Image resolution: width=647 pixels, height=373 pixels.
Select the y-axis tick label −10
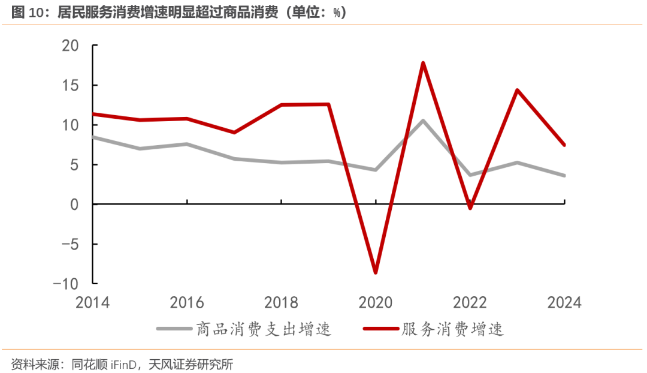pyautogui.click(x=67, y=284)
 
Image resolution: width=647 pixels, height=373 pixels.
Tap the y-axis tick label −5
pyautogui.click(x=71, y=244)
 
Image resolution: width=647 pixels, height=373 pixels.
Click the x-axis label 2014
pyautogui.click(x=93, y=302)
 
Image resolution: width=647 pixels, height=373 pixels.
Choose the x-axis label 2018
pyautogui.click(x=282, y=302)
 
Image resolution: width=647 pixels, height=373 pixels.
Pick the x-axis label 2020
pyautogui.click(x=376, y=302)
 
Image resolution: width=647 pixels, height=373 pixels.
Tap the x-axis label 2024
pyautogui.click(x=564, y=302)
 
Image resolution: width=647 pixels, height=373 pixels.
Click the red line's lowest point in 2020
pyautogui.click(x=376, y=273)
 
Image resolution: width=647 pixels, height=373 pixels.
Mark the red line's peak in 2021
pyautogui.click(x=423, y=63)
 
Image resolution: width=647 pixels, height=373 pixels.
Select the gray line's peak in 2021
pyautogui.click(x=423, y=121)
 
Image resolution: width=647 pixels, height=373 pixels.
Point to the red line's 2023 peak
pyautogui.click(x=517, y=90)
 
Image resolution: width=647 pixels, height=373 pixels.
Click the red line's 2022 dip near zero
pyautogui.click(x=470, y=208)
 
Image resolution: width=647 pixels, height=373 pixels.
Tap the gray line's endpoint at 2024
pyautogui.click(x=564, y=176)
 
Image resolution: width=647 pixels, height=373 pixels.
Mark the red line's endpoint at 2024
pyautogui.click(x=564, y=145)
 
